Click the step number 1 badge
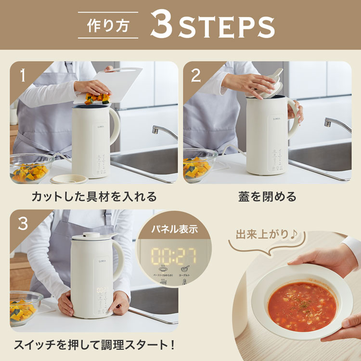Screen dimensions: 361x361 (21, 75)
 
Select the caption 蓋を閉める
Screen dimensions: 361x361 (267, 196)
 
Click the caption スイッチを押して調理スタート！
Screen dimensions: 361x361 (94, 345)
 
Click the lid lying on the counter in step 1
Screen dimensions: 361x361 (69, 179)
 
